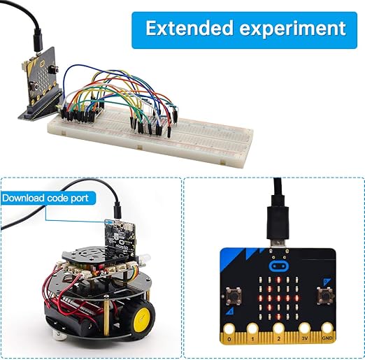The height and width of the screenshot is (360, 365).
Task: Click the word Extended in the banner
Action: tap(189, 28)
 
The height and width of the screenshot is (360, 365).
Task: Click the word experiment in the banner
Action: tap(292, 29)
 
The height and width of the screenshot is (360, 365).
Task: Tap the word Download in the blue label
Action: tap(23, 198)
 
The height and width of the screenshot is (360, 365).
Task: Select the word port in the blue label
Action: tap(79, 199)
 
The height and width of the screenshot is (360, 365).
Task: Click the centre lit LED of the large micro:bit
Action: tap(278, 298)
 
